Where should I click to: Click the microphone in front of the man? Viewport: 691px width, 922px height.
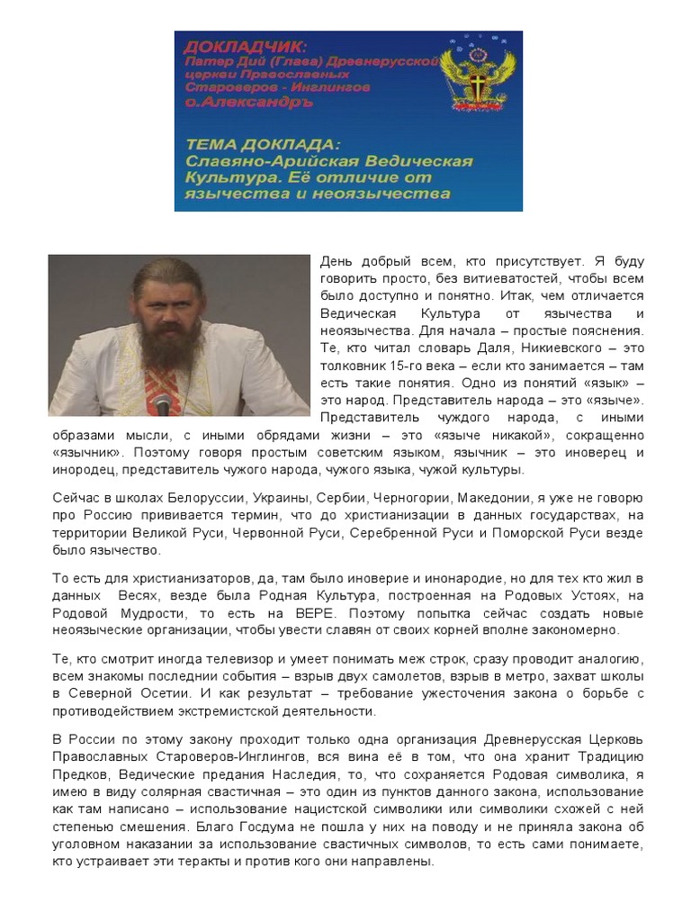click(163, 402)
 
